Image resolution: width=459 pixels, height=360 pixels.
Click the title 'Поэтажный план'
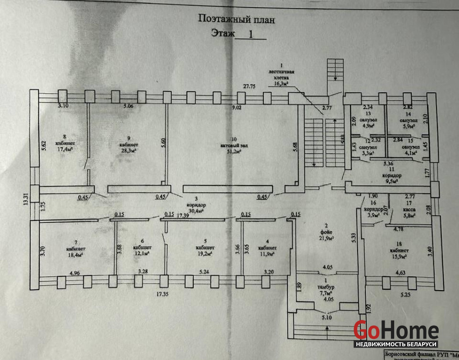coord(236,19)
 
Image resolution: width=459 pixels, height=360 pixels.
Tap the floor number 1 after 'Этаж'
coord(251,33)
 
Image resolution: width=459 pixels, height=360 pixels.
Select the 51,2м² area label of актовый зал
coord(232,152)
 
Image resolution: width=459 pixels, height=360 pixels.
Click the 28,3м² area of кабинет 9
coord(128,151)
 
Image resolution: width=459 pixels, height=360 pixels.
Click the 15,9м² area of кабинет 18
coord(399,257)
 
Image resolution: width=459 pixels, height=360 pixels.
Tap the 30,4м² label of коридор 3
coord(195,210)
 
